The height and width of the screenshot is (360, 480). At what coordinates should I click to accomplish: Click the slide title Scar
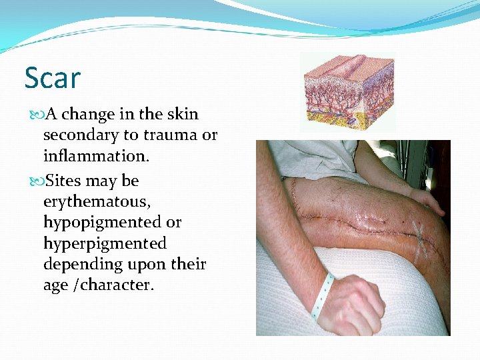pyautogui.click(x=52, y=78)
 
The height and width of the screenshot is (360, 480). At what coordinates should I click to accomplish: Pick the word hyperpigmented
pyautogui.click(x=105, y=243)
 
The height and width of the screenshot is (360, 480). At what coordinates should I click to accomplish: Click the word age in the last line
pyautogui.click(x=56, y=285)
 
